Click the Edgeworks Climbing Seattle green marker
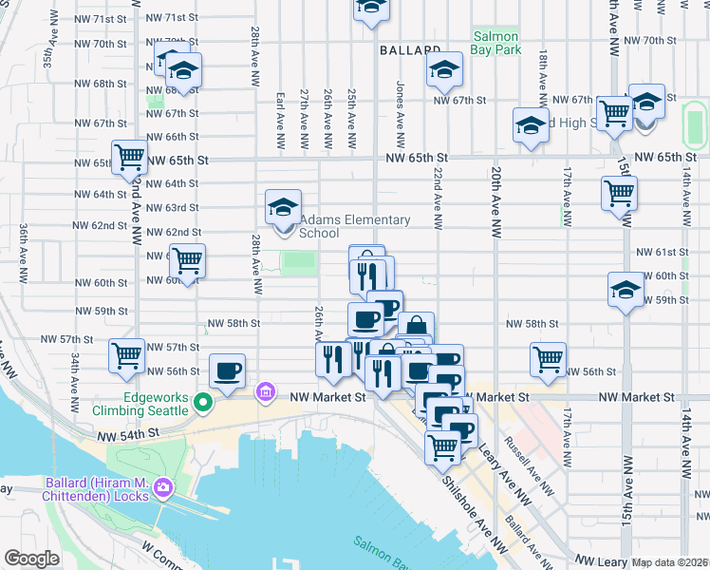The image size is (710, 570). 201,402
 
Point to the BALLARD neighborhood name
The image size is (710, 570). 408,49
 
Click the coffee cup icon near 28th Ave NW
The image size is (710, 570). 227,371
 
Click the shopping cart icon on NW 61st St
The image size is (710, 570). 188,260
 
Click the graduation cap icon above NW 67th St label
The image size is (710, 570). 443,69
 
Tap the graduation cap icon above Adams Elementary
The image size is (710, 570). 283,207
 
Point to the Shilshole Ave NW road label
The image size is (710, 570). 471,503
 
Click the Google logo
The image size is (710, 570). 31,559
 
